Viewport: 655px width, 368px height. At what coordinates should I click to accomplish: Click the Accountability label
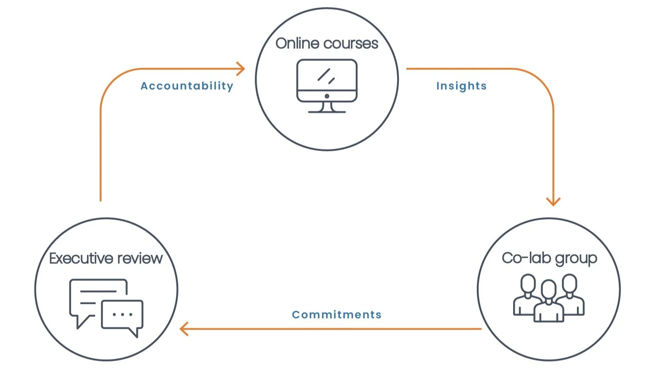(x=187, y=86)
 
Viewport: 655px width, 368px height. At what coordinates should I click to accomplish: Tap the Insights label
(x=461, y=86)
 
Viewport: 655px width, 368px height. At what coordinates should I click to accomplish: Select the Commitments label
(x=336, y=315)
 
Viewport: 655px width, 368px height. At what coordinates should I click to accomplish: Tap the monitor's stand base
(x=327, y=111)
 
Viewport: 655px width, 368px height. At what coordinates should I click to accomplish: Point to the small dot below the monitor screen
(x=327, y=96)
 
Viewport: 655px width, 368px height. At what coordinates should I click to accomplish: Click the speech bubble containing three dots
(x=122, y=315)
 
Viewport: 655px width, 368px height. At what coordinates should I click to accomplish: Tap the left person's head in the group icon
(x=528, y=283)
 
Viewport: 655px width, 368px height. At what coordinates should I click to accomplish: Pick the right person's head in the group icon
(x=570, y=283)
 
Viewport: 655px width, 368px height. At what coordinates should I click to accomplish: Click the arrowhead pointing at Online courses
(x=241, y=69)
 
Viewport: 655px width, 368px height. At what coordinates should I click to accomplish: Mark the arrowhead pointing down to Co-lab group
(x=553, y=201)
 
